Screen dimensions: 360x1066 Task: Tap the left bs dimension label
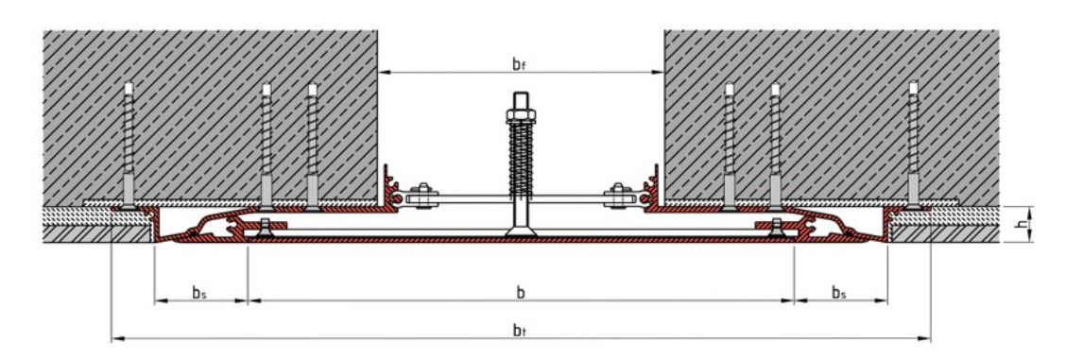[x=199, y=292]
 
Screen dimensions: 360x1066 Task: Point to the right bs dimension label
[x=838, y=292]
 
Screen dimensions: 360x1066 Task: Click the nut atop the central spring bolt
[x=521, y=116]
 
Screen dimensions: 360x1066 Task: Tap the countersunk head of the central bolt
[x=521, y=228]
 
